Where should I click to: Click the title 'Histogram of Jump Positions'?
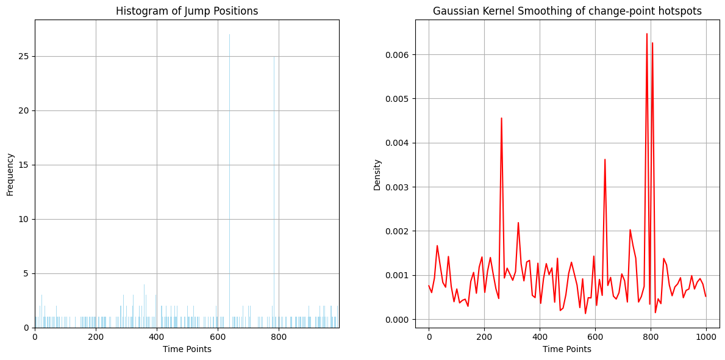(x=187, y=11)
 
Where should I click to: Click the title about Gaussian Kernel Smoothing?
(x=567, y=11)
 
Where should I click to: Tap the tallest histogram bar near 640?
(x=229, y=183)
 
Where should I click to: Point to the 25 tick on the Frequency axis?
(x=25, y=56)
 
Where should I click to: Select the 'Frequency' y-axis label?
(x=10, y=174)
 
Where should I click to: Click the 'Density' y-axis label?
(x=377, y=175)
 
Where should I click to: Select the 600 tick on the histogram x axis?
(x=218, y=337)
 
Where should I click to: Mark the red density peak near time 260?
(x=501, y=118)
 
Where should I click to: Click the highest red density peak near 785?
(x=647, y=34)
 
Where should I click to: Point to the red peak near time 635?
(x=605, y=160)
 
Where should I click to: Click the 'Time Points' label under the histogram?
(x=187, y=349)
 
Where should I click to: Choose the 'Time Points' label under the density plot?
(x=567, y=349)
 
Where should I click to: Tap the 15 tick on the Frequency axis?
(x=25, y=165)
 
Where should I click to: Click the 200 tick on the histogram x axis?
(x=96, y=337)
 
